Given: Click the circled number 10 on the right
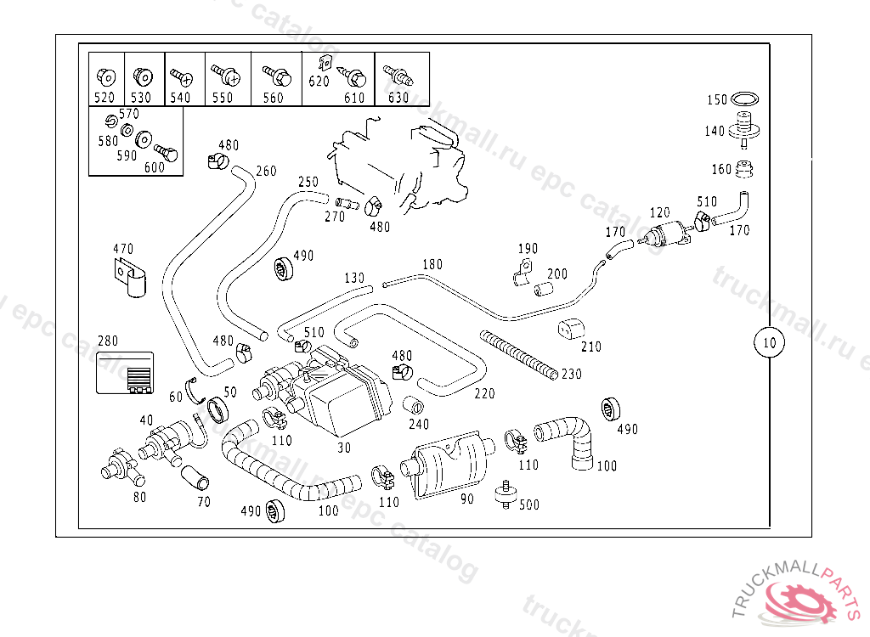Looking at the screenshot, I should (769, 343).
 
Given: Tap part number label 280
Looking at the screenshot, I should (108, 341).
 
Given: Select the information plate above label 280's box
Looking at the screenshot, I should (124, 374).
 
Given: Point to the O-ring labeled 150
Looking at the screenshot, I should (744, 99).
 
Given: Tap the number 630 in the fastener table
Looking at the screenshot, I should (398, 97).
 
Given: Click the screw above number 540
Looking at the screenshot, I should (181, 76).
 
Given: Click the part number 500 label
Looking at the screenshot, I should (528, 505).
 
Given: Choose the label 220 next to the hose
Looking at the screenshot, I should (484, 393).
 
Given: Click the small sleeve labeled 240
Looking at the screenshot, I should (414, 406).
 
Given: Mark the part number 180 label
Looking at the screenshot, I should (432, 265).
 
